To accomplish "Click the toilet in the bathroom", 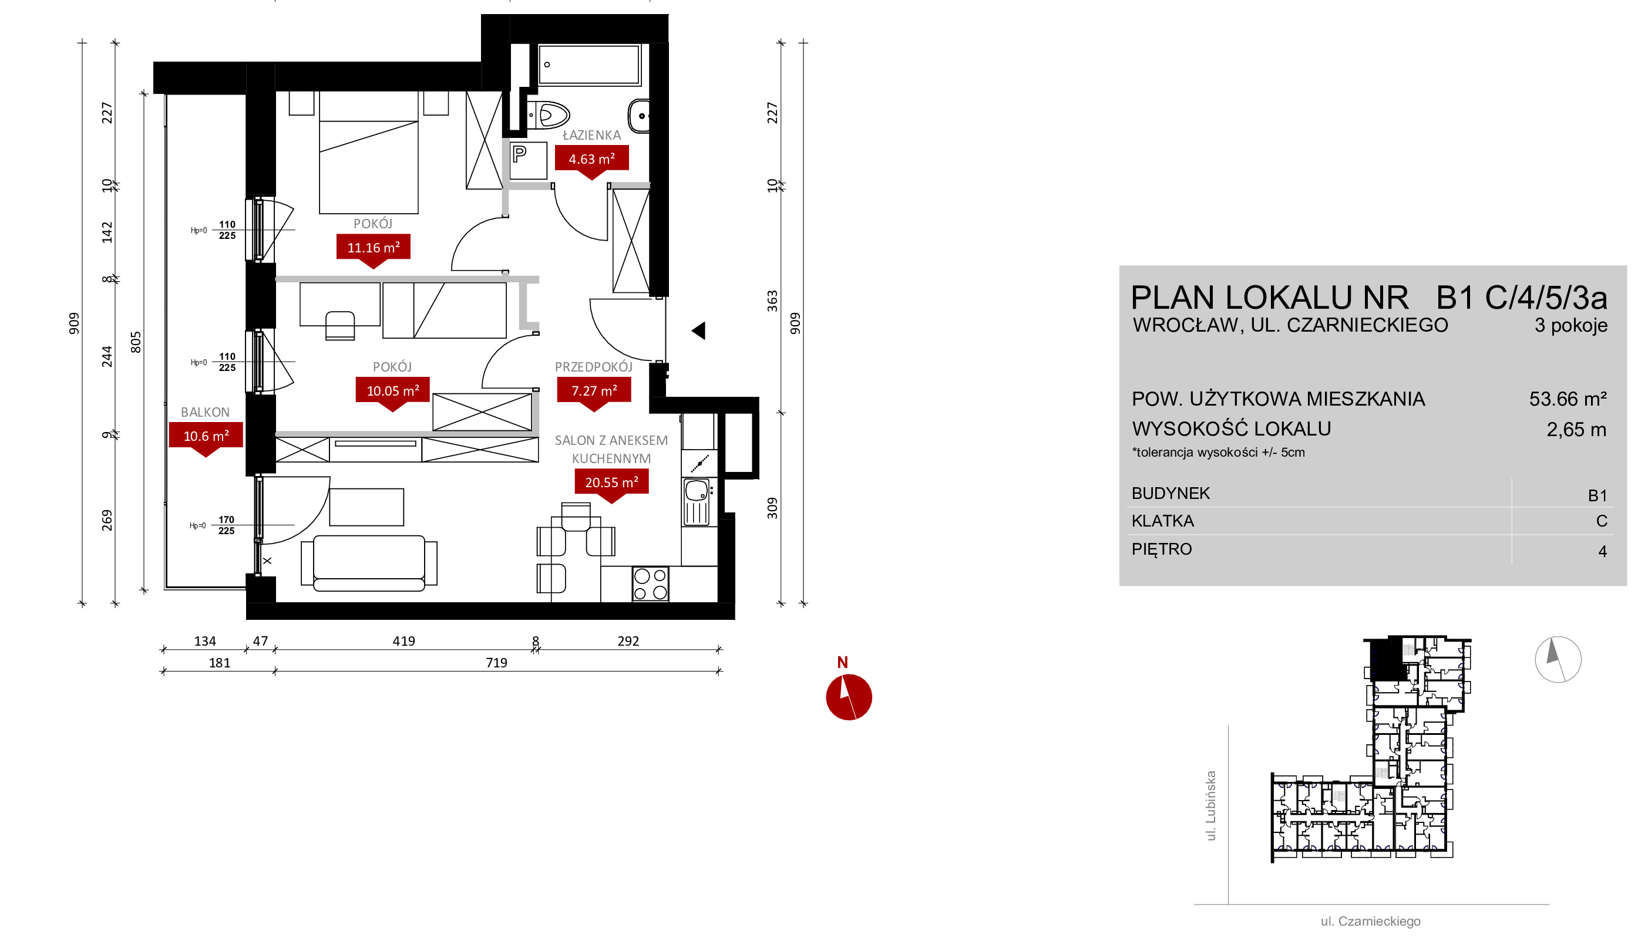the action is click(x=549, y=115).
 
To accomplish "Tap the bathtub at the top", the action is click(x=589, y=65).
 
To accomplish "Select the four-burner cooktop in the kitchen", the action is click(x=650, y=583).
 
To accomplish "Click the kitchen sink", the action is click(x=697, y=502).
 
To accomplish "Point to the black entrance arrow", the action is click(x=698, y=330).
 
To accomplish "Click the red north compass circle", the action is click(x=849, y=697).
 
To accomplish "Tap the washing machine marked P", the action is click(x=529, y=160).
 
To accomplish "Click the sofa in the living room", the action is click(x=369, y=563).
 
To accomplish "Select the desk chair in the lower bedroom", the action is click(x=339, y=325).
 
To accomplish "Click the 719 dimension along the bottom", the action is click(x=496, y=662).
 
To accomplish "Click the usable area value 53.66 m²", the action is click(x=1568, y=399).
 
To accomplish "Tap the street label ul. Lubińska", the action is click(x=1211, y=806).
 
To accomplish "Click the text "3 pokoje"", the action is click(x=1571, y=325).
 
